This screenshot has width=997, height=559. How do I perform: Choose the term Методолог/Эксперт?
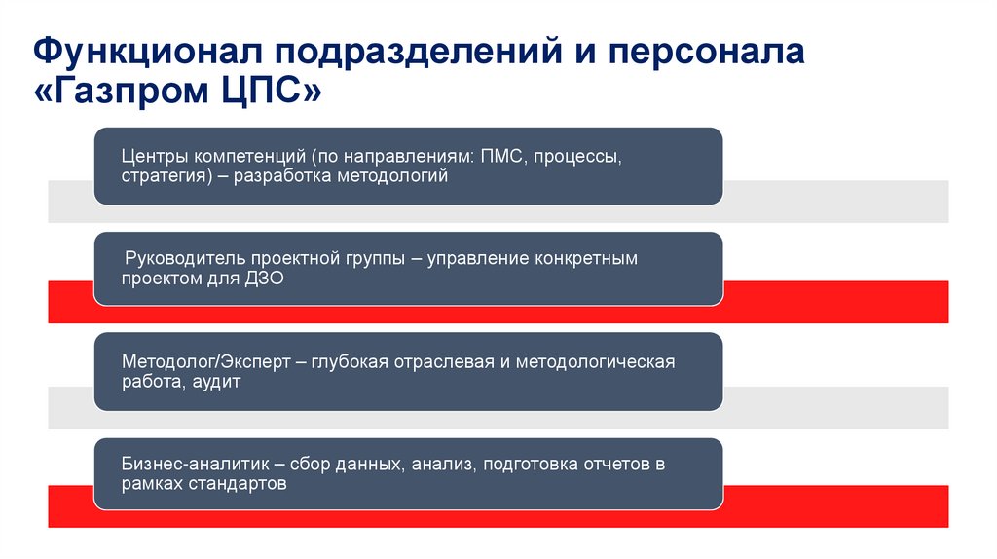click(x=206, y=362)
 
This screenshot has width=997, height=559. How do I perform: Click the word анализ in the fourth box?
click(x=441, y=465)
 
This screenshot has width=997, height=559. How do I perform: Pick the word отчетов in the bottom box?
click(x=612, y=465)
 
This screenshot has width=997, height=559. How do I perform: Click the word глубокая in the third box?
click(x=351, y=362)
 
